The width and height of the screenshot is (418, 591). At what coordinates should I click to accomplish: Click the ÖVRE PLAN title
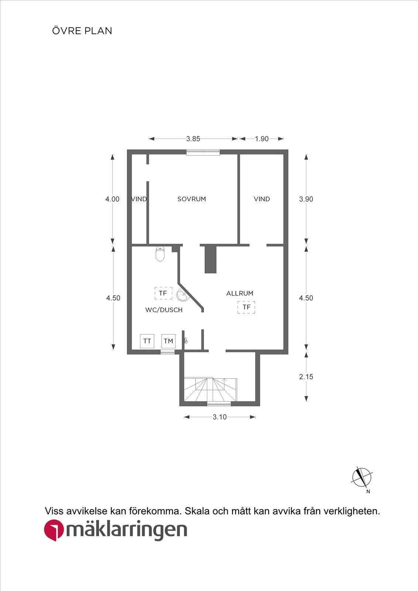click(x=82, y=31)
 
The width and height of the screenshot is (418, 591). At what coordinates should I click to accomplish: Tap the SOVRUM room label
click(x=192, y=199)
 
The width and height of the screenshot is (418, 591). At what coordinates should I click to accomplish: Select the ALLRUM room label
click(x=240, y=293)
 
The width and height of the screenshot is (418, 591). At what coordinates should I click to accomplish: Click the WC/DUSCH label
click(x=164, y=310)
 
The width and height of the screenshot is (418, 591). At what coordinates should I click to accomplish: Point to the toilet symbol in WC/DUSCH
click(x=160, y=253)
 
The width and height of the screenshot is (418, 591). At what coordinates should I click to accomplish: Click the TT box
click(x=147, y=341)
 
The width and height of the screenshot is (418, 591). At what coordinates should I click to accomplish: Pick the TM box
click(x=169, y=341)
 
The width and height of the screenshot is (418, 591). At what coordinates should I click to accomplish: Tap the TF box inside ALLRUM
click(x=247, y=307)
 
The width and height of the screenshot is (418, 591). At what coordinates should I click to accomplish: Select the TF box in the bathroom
click(x=163, y=293)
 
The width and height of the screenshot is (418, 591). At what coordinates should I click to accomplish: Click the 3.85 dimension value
click(x=193, y=139)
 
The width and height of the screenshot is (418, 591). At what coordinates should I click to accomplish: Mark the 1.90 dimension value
click(x=262, y=139)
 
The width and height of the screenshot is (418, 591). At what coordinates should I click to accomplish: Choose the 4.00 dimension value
click(x=112, y=199)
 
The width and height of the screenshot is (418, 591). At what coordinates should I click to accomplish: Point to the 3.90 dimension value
click(x=306, y=199)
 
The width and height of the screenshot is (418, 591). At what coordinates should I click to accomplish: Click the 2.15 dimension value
click(x=306, y=376)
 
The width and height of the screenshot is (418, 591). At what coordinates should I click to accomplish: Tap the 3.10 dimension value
click(x=220, y=417)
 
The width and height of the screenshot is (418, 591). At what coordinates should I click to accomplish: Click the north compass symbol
click(x=362, y=477)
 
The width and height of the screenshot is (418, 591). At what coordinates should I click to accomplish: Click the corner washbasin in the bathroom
click(x=182, y=295)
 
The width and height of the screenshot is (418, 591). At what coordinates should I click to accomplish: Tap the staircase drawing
click(x=210, y=389)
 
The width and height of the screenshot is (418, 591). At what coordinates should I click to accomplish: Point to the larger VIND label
click(x=262, y=199)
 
